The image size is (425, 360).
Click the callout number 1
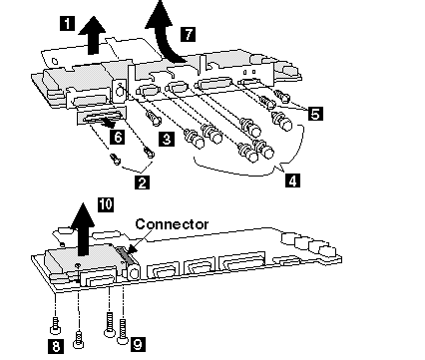(68, 24)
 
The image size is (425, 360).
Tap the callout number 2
(142, 182)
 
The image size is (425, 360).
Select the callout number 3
(167, 139)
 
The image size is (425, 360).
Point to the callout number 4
(292, 180)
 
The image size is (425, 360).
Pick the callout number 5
(315, 114)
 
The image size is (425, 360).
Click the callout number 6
(119, 137)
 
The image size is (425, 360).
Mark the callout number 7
(188, 34)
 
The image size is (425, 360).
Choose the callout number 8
(56, 346)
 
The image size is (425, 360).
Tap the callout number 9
(138, 344)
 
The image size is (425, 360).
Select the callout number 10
(106, 204)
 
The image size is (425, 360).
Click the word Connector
(172, 224)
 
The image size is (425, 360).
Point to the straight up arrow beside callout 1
(93, 36)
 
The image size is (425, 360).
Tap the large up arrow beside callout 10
(82, 229)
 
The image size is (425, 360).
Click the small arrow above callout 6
(107, 123)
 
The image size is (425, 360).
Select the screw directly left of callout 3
(153, 118)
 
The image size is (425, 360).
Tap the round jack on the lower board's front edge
(134, 272)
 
